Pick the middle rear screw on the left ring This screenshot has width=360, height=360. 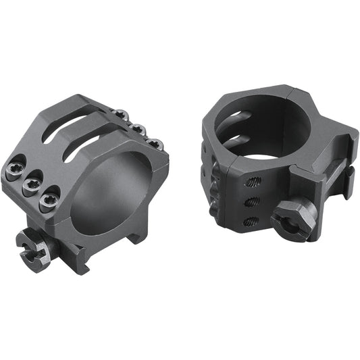138,129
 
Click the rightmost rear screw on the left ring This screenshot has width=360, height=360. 155,143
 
